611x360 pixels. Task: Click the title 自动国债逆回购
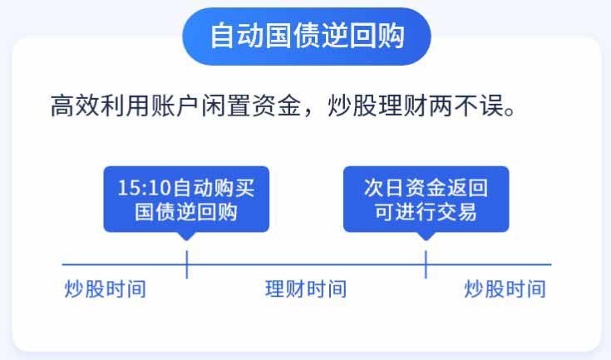click(x=307, y=36)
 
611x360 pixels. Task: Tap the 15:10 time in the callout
click(x=144, y=188)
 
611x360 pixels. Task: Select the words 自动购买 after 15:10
click(x=213, y=188)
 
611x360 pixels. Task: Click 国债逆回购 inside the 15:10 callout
click(x=186, y=212)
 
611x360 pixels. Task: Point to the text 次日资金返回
click(x=426, y=188)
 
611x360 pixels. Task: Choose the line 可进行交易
click(x=426, y=212)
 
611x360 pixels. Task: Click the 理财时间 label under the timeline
click(x=306, y=289)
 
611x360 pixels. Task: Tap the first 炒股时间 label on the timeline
click(x=106, y=289)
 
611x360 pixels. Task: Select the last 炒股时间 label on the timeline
click(x=505, y=289)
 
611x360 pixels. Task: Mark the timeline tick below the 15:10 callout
click(x=187, y=264)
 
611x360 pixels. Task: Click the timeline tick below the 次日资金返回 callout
click(x=426, y=264)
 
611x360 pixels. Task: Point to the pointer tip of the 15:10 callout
click(x=187, y=240)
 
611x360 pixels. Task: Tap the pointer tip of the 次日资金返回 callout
click(x=426, y=240)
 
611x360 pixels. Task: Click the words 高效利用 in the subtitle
click(x=100, y=106)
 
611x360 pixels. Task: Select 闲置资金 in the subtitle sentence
click(x=250, y=106)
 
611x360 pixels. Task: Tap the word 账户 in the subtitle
click(x=175, y=106)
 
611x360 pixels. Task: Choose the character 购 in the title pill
click(x=391, y=36)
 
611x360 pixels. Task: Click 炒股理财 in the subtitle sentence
click(x=377, y=106)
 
